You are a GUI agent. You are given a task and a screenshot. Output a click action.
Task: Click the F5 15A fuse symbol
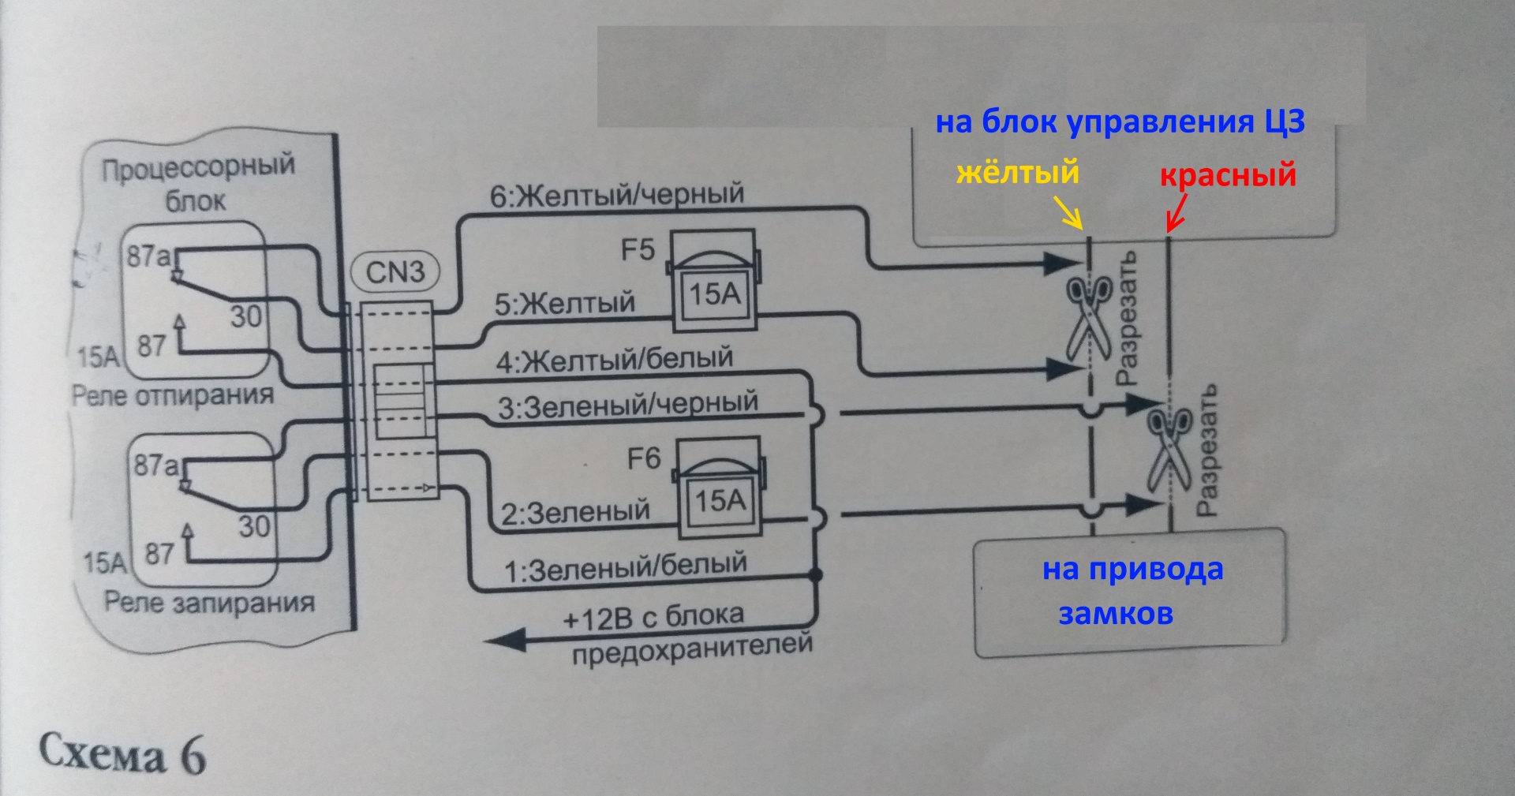(x=713, y=282)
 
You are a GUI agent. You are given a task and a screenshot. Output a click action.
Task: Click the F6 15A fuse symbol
(x=719, y=488)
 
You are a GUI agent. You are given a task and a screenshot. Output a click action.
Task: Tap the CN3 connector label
(x=395, y=272)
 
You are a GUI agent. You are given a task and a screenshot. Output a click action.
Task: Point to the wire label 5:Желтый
(x=565, y=304)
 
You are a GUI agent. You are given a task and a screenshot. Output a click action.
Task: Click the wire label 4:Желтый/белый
(x=615, y=361)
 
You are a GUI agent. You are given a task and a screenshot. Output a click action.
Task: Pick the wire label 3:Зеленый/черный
(x=627, y=405)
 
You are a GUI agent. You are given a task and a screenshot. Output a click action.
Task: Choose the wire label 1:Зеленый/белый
(x=626, y=567)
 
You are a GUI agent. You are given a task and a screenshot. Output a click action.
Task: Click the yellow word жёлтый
(x=1018, y=172)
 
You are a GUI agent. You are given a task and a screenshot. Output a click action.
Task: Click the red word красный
(x=1228, y=174)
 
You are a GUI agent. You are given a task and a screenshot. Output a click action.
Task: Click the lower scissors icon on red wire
(x=1169, y=448)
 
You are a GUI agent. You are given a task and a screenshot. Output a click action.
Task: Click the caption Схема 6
(x=122, y=754)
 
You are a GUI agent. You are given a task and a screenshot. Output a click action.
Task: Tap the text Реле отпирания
(x=173, y=394)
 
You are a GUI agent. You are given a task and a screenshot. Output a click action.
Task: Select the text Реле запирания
(x=210, y=603)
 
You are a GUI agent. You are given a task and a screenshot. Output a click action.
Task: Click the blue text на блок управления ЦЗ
(x=1120, y=122)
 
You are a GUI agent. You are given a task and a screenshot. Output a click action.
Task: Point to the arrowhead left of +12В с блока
(x=505, y=637)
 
